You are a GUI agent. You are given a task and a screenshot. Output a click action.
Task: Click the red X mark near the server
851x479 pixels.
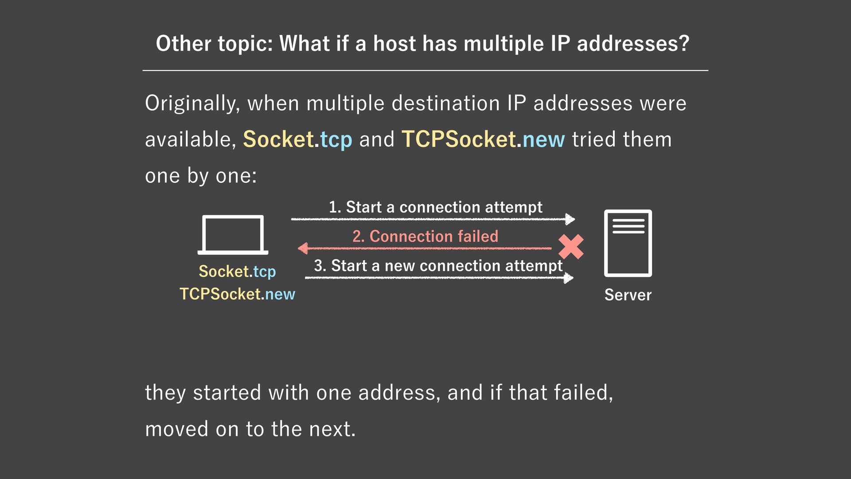click(571, 247)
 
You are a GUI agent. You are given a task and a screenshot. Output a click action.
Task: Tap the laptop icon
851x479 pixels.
click(233, 235)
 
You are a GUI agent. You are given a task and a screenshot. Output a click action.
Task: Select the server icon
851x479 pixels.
click(628, 243)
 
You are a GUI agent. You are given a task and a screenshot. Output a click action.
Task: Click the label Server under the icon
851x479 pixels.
click(628, 295)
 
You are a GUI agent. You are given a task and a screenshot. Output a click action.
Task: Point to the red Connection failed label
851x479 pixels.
click(425, 236)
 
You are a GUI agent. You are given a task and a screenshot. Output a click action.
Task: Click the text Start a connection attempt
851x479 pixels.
click(435, 207)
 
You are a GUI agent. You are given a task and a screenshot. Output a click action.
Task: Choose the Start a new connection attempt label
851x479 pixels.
click(438, 266)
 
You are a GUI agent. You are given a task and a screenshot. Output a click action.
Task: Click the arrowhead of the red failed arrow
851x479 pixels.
click(303, 248)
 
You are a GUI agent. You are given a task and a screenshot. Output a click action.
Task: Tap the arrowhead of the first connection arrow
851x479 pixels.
click(570, 219)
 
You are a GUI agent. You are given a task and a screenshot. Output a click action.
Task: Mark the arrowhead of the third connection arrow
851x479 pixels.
click(568, 278)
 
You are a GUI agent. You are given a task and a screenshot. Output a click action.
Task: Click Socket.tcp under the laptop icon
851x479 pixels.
click(237, 271)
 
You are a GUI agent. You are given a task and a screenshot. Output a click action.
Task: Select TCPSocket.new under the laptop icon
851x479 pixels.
click(237, 294)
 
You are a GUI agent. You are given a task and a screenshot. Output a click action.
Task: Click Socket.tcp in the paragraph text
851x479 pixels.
click(297, 139)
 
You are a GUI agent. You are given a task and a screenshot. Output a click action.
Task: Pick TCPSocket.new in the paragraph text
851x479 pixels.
click(483, 139)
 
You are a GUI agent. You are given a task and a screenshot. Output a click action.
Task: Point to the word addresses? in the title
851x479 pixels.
click(633, 43)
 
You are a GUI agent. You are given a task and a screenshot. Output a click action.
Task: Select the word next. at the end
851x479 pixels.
click(332, 429)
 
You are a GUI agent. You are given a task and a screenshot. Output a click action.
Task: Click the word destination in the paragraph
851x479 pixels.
click(445, 103)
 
